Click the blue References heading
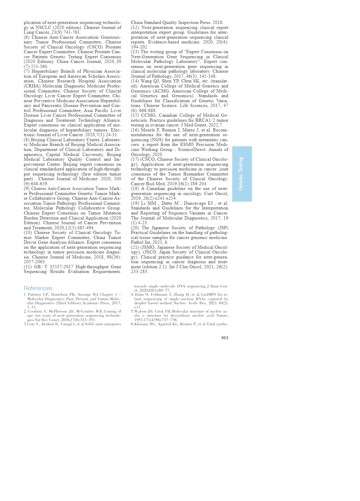point(38,288)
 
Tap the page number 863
point(225,338)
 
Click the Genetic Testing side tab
point(242,174)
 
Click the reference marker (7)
point(27,71)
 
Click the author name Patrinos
point(35,295)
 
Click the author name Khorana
point(142,324)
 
